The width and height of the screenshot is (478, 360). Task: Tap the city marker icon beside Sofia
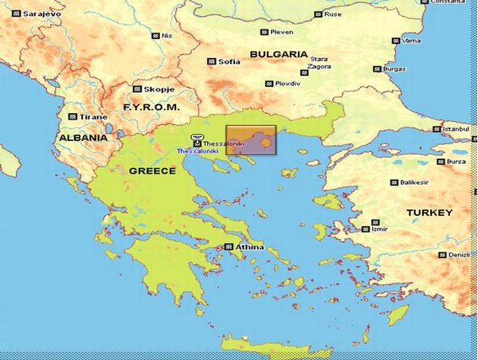[212, 61]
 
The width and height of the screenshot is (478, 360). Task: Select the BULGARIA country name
[278, 54]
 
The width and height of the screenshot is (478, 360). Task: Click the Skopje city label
[159, 89]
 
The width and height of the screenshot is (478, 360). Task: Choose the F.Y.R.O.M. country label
[151, 106]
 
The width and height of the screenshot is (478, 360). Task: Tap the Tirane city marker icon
[72, 117]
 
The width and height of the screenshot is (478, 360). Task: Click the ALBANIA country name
[82, 137]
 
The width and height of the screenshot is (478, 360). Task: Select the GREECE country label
[151, 170]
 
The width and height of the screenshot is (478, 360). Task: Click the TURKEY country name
[429, 213]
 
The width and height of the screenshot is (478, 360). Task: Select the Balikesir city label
[419, 182]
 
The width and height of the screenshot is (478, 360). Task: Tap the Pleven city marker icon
[263, 32]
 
